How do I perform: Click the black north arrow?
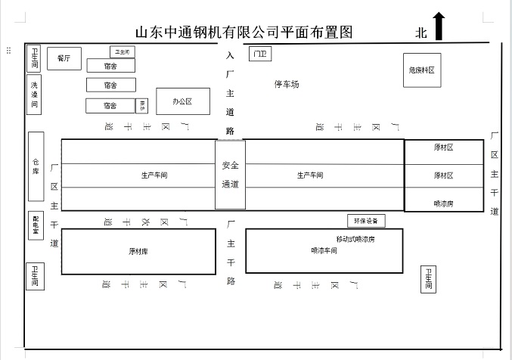click(x=439, y=26)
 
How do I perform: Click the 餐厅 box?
click(x=64, y=58)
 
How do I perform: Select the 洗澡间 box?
click(x=35, y=95)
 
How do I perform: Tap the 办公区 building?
click(x=182, y=101)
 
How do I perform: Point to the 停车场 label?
click(x=287, y=84)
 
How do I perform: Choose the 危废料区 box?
click(x=421, y=71)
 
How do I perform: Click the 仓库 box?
click(x=36, y=166)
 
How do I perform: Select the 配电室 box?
click(x=36, y=225)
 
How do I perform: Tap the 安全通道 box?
click(x=230, y=175)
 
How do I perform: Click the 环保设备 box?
click(x=366, y=222)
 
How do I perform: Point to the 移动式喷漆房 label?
click(x=355, y=239)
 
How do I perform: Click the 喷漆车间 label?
click(x=324, y=250)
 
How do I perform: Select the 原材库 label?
click(x=138, y=251)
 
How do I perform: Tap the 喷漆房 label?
click(x=443, y=203)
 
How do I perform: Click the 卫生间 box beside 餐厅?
click(x=35, y=58)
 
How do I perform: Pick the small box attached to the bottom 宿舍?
click(x=142, y=106)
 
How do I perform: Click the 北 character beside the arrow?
click(x=421, y=33)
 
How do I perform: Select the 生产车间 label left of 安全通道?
click(x=154, y=175)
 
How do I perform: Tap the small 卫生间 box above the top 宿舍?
click(x=123, y=52)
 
